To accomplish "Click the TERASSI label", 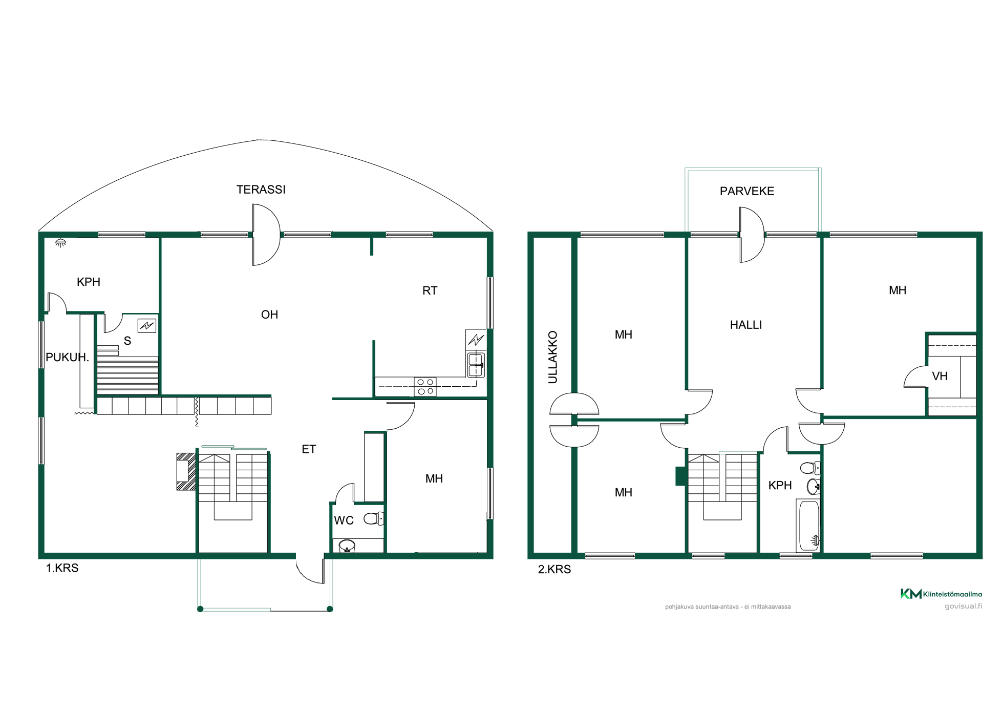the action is (261, 190).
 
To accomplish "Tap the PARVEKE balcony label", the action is (747, 191).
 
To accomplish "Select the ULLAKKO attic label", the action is (553, 357).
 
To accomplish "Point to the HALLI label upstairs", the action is (746, 325).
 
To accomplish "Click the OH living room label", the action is (269, 315).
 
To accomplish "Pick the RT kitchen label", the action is (430, 290).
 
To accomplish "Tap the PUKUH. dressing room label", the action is (67, 357).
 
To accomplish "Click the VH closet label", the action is (940, 376).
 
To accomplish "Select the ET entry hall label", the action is (309, 449).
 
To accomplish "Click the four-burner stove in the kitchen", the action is (425, 387).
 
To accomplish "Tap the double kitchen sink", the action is (476, 365).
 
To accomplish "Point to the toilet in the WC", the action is (373, 519).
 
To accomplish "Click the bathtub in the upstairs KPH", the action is (808, 526).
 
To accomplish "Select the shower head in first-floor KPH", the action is (60, 243).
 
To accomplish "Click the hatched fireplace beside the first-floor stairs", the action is (186, 471).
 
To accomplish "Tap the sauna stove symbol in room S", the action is (147, 325).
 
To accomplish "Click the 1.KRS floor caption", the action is (62, 568).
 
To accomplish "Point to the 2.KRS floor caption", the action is (554, 569).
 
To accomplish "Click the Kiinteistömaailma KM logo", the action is (941, 594).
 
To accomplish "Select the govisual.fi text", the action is (963, 607).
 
